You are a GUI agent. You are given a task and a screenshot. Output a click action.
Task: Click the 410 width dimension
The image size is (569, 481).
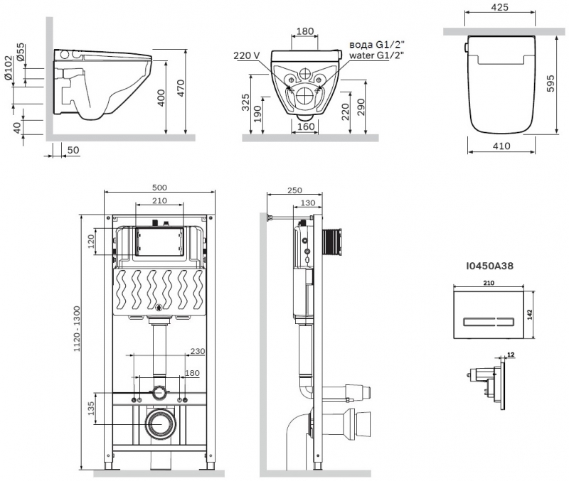coord(501,146)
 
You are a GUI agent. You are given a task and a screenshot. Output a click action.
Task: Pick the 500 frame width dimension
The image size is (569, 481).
coord(160,188)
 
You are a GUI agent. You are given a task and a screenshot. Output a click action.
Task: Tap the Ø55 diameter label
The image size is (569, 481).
coord(21,53)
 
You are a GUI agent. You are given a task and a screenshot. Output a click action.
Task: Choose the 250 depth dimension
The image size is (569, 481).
coord(295,190)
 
